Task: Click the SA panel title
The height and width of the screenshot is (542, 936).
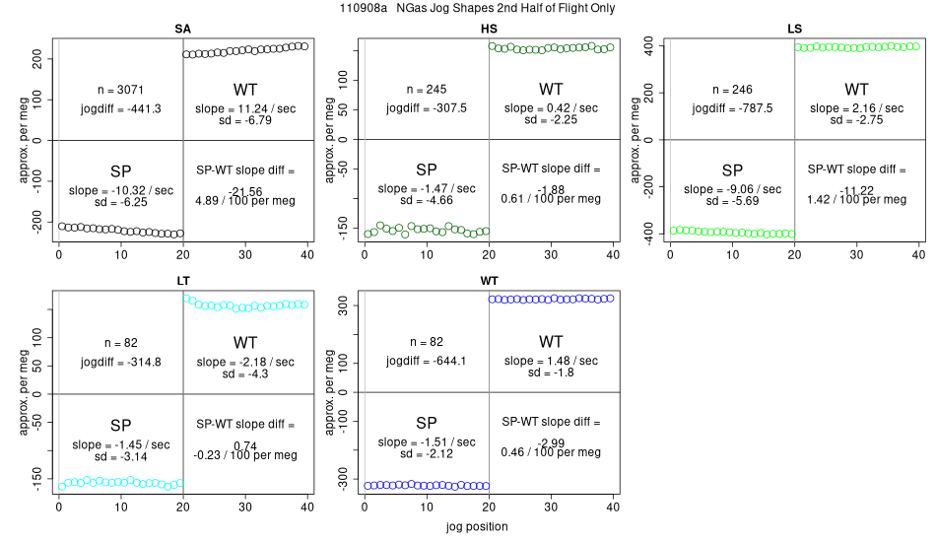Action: (x=183, y=29)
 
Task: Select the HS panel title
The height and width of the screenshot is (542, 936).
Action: (x=489, y=29)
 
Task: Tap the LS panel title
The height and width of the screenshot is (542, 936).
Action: (x=794, y=29)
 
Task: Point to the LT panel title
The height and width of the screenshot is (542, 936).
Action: (x=183, y=282)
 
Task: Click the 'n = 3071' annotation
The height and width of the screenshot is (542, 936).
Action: (x=121, y=89)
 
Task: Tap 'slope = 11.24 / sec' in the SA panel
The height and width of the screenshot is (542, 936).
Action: (x=245, y=108)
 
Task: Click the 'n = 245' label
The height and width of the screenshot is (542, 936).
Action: (x=427, y=89)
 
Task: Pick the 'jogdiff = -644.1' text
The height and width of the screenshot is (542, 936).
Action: (x=427, y=361)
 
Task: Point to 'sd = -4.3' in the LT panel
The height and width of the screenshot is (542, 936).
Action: (x=245, y=374)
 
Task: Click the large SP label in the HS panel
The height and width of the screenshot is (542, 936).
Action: (x=427, y=169)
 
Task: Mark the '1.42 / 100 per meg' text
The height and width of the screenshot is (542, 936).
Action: (x=856, y=199)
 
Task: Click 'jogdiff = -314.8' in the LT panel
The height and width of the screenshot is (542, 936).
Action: (x=121, y=362)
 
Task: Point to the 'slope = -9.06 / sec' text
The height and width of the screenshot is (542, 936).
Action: (x=732, y=189)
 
